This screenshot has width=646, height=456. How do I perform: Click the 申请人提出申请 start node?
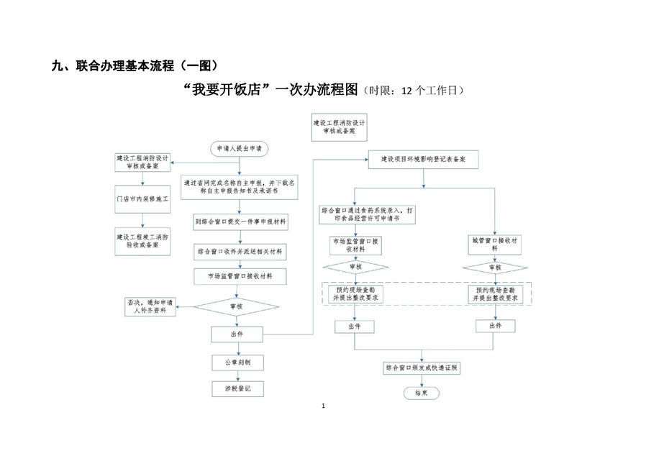click(239, 148)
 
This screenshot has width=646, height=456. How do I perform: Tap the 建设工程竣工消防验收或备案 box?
click(142, 240)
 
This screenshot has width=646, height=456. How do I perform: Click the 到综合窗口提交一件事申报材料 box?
click(240, 222)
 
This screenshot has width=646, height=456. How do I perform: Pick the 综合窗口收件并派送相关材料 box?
click(240, 252)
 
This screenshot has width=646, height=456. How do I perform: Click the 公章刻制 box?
click(238, 362)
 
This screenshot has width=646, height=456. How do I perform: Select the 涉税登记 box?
click(238, 389)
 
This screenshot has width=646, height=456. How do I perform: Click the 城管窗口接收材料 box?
click(496, 243)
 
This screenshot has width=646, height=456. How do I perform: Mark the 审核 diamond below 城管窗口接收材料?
click(495, 267)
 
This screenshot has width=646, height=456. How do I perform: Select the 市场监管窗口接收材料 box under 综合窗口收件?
click(240, 276)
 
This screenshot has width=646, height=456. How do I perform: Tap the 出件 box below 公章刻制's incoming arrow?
click(238, 334)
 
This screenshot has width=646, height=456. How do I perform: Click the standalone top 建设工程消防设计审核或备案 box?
click(339, 127)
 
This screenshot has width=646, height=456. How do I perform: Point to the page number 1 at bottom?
click(324, 407)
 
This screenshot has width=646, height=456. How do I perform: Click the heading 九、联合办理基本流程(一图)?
click(135, 66)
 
